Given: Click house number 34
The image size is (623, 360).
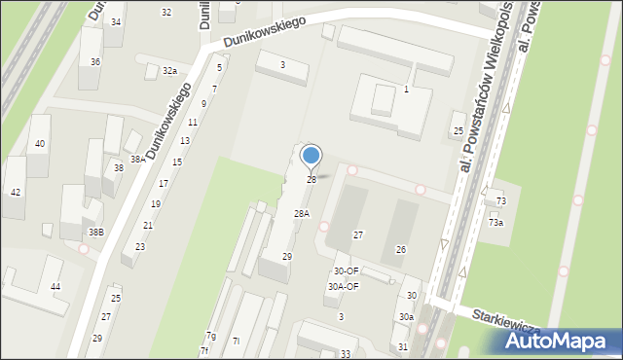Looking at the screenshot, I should (x=116, y=21).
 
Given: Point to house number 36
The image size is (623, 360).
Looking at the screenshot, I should (x=95, y=61).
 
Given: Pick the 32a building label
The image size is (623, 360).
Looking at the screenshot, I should (x=170, y=71).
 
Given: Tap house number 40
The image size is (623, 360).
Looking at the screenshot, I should (x=40, y=144).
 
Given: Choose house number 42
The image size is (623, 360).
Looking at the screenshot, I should (x=16, y=192).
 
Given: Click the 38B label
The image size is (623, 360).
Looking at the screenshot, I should (x=95, y=233).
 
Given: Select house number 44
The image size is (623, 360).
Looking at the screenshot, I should (x=55, y=286).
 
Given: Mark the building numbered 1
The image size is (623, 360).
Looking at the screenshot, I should (x=406, y=90).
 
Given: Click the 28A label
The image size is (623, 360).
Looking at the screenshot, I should (x=302, y=214).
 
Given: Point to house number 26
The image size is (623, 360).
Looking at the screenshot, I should (x=400, y=250).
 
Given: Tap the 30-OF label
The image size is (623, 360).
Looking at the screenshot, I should (x=346, y=271).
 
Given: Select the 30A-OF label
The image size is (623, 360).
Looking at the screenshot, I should (x=343, y=287).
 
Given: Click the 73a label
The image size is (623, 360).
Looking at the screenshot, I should (x=496, y=223).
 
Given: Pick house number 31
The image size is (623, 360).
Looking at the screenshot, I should (x=403, y=347).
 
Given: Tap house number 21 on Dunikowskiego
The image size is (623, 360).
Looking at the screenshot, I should (x=148, y=225).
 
